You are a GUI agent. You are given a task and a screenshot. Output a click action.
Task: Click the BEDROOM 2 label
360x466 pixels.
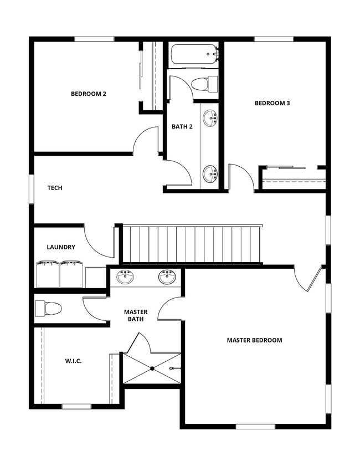pyautogui.click(x=89, y=94)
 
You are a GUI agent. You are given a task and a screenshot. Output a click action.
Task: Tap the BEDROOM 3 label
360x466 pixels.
pyautogui.click(x=272, y=103)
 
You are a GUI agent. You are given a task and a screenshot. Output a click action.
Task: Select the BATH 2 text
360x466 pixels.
pyautogui.click(x=182, y=126)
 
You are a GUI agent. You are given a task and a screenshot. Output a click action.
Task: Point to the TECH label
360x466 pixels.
pyautogui.click(x=55, y=188)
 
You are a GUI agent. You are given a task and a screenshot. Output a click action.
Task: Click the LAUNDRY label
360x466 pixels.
pyautogui.click(x=61, y=247)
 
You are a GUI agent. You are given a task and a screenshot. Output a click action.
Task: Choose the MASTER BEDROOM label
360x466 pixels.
pyautogui.click(x=255, y=340)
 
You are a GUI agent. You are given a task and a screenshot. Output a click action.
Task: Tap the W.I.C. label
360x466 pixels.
pyautogui.click(x=73, y=361)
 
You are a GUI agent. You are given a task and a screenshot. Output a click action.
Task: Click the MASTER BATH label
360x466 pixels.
pyautogui.click(x=135, y=316)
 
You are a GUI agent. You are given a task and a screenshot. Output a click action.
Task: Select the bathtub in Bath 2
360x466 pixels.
pyautogui.click(x=194, y=55)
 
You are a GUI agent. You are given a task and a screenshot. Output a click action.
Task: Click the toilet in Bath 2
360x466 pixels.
pyautogui.click(x=202, y=84)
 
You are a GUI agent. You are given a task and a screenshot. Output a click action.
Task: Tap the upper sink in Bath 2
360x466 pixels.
pyautogui.click(x=210, y=118)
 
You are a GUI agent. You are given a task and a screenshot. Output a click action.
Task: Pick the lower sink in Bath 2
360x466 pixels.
pyautogui.click(x=210, y=173)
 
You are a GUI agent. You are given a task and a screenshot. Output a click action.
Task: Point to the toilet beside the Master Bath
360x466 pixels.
pyautogui.click(x=48, y=308)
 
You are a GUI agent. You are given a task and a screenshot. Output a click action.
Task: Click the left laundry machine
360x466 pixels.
pyautogui.click(x=48, y=274)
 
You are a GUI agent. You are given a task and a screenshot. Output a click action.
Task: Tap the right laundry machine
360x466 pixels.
pyautogui.click(x=72, y=274)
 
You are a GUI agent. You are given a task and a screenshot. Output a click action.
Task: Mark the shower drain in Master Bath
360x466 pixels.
pyautogui.click(x=152, y=368)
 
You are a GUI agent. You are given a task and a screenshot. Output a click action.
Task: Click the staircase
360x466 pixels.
pyautogui.click(x=191, y=244)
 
